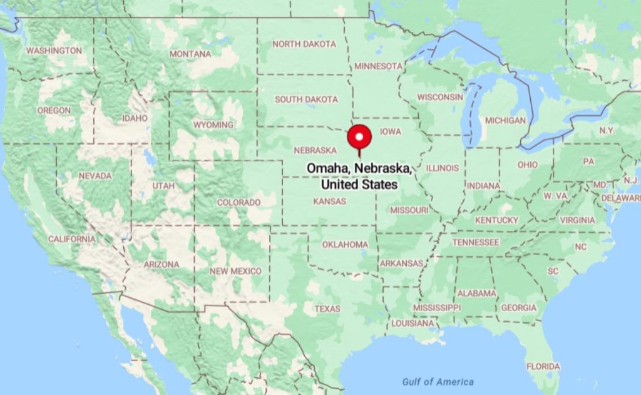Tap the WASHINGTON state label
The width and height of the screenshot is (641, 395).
[x=54, y=50]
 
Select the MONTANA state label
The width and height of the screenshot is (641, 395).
[x=190, y=54]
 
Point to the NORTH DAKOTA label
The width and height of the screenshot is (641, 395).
[x=304, y=44]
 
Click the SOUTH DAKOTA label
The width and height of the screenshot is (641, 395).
[x=306, y=99]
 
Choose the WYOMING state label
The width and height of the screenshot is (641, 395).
[x=213, y=125]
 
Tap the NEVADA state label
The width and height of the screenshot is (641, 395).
[x=95, y=176]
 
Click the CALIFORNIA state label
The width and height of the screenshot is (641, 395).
[x=72, y=239]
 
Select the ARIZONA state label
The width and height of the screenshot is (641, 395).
[x=162, y=265]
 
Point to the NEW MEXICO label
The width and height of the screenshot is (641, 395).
[x=235, y=271]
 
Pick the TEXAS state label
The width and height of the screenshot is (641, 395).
[x=327, y=309]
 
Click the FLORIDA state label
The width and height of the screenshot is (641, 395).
[x=543, y=366]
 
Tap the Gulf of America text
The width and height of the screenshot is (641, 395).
[x=438, y=382]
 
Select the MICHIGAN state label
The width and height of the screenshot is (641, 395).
[x=506, y=120]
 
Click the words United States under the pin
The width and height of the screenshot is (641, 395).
[x=359, y=185]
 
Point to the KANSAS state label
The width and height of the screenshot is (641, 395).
[x=329, y=201]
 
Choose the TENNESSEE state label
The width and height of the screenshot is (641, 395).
[x=476, y=242]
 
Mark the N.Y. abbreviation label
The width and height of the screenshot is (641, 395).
[x=607, y=130]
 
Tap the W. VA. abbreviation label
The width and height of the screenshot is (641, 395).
[x=555, y=196]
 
